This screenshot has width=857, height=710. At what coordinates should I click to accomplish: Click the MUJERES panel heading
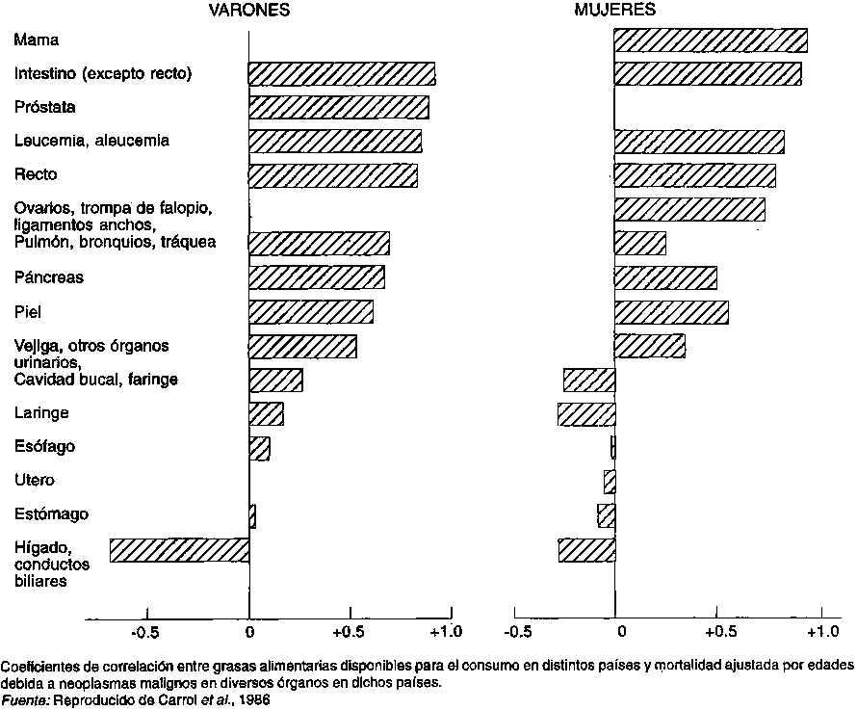(x=616, y=11)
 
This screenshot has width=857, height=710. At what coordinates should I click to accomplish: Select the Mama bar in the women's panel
(x=711, y=40)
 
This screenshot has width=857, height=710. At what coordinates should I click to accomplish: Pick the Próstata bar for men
(x=339, y=107)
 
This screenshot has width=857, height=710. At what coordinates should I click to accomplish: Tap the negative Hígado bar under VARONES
(x=180, y=550)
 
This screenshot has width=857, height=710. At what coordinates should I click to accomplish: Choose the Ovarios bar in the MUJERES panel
(x=689, y=209)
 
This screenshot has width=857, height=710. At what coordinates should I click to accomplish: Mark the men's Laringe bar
(x=267, y=413)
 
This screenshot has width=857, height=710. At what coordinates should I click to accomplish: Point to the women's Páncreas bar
(x=665, y=277)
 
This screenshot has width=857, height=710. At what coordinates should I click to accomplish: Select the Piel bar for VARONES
(x=311, y=312)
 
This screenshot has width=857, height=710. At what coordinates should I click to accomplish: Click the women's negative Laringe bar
(x=586, y=414)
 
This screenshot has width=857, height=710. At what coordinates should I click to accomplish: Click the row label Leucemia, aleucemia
(x=91, y=141)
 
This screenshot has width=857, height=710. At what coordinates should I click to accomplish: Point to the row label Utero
(x=34, y=480)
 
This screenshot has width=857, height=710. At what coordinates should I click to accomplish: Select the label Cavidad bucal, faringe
(x=95, y=380)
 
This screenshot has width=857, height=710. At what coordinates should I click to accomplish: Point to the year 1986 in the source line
(x=254, y=700)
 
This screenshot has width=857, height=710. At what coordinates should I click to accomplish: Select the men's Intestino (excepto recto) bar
(x=342, y=74)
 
